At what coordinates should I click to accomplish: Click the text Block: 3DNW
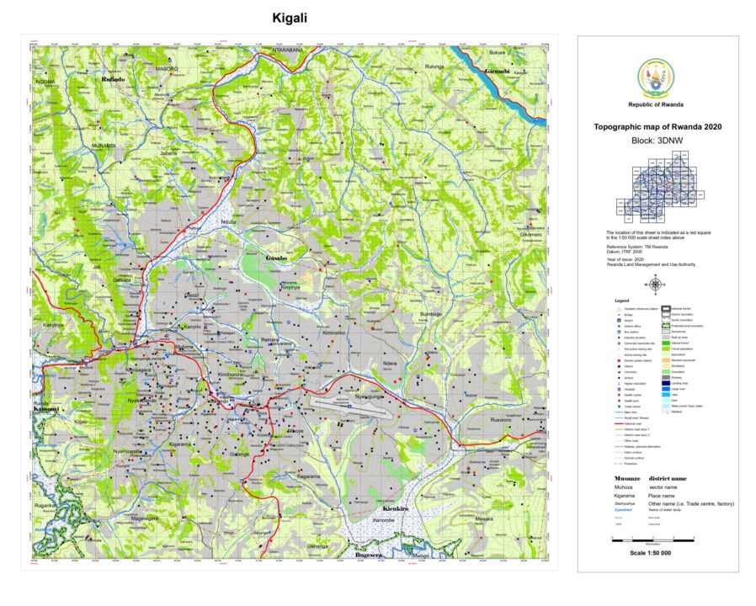point(657,142)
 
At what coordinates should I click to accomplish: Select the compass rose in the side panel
point(656,284)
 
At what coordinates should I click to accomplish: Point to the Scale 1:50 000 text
point(657,552)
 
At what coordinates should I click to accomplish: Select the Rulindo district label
point(113,79)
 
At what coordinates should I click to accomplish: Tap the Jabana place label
point(169,153)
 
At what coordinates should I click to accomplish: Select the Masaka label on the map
point(483,518)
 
